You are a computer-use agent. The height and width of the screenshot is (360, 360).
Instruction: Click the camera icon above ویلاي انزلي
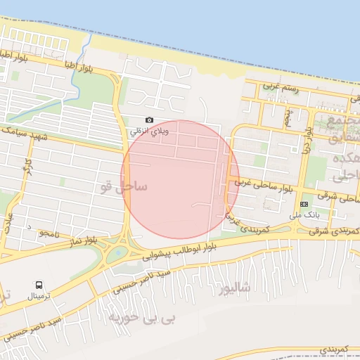pyautogui.click(x=149, y=121)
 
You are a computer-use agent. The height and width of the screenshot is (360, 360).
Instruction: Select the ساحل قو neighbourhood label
pyautogui.click(x=124, y=187)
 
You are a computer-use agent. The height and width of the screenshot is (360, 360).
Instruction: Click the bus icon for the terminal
pyautogui.click(x=39, y=285)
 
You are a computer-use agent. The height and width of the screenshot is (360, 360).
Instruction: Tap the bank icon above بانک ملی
pyautogui.click(x=304, y=204)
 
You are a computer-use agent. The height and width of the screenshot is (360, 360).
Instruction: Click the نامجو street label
pyautogui.click(x=53, y=232)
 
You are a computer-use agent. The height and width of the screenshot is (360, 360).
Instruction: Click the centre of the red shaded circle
pyautogui.click(x=180, y=179)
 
